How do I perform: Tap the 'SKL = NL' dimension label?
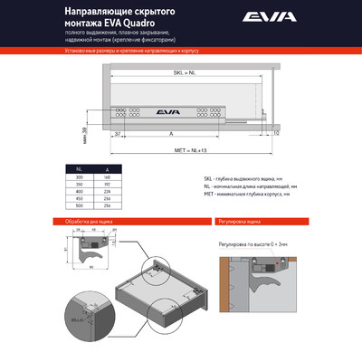pyautogui.click(x=186, y=83)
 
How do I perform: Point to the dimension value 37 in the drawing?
pyautogui.click(x=118, y=133)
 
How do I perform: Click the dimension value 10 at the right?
pyautogui.click(x=276, y=133)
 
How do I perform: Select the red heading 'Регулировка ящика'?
pyautogui.click(x=241, y=221)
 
